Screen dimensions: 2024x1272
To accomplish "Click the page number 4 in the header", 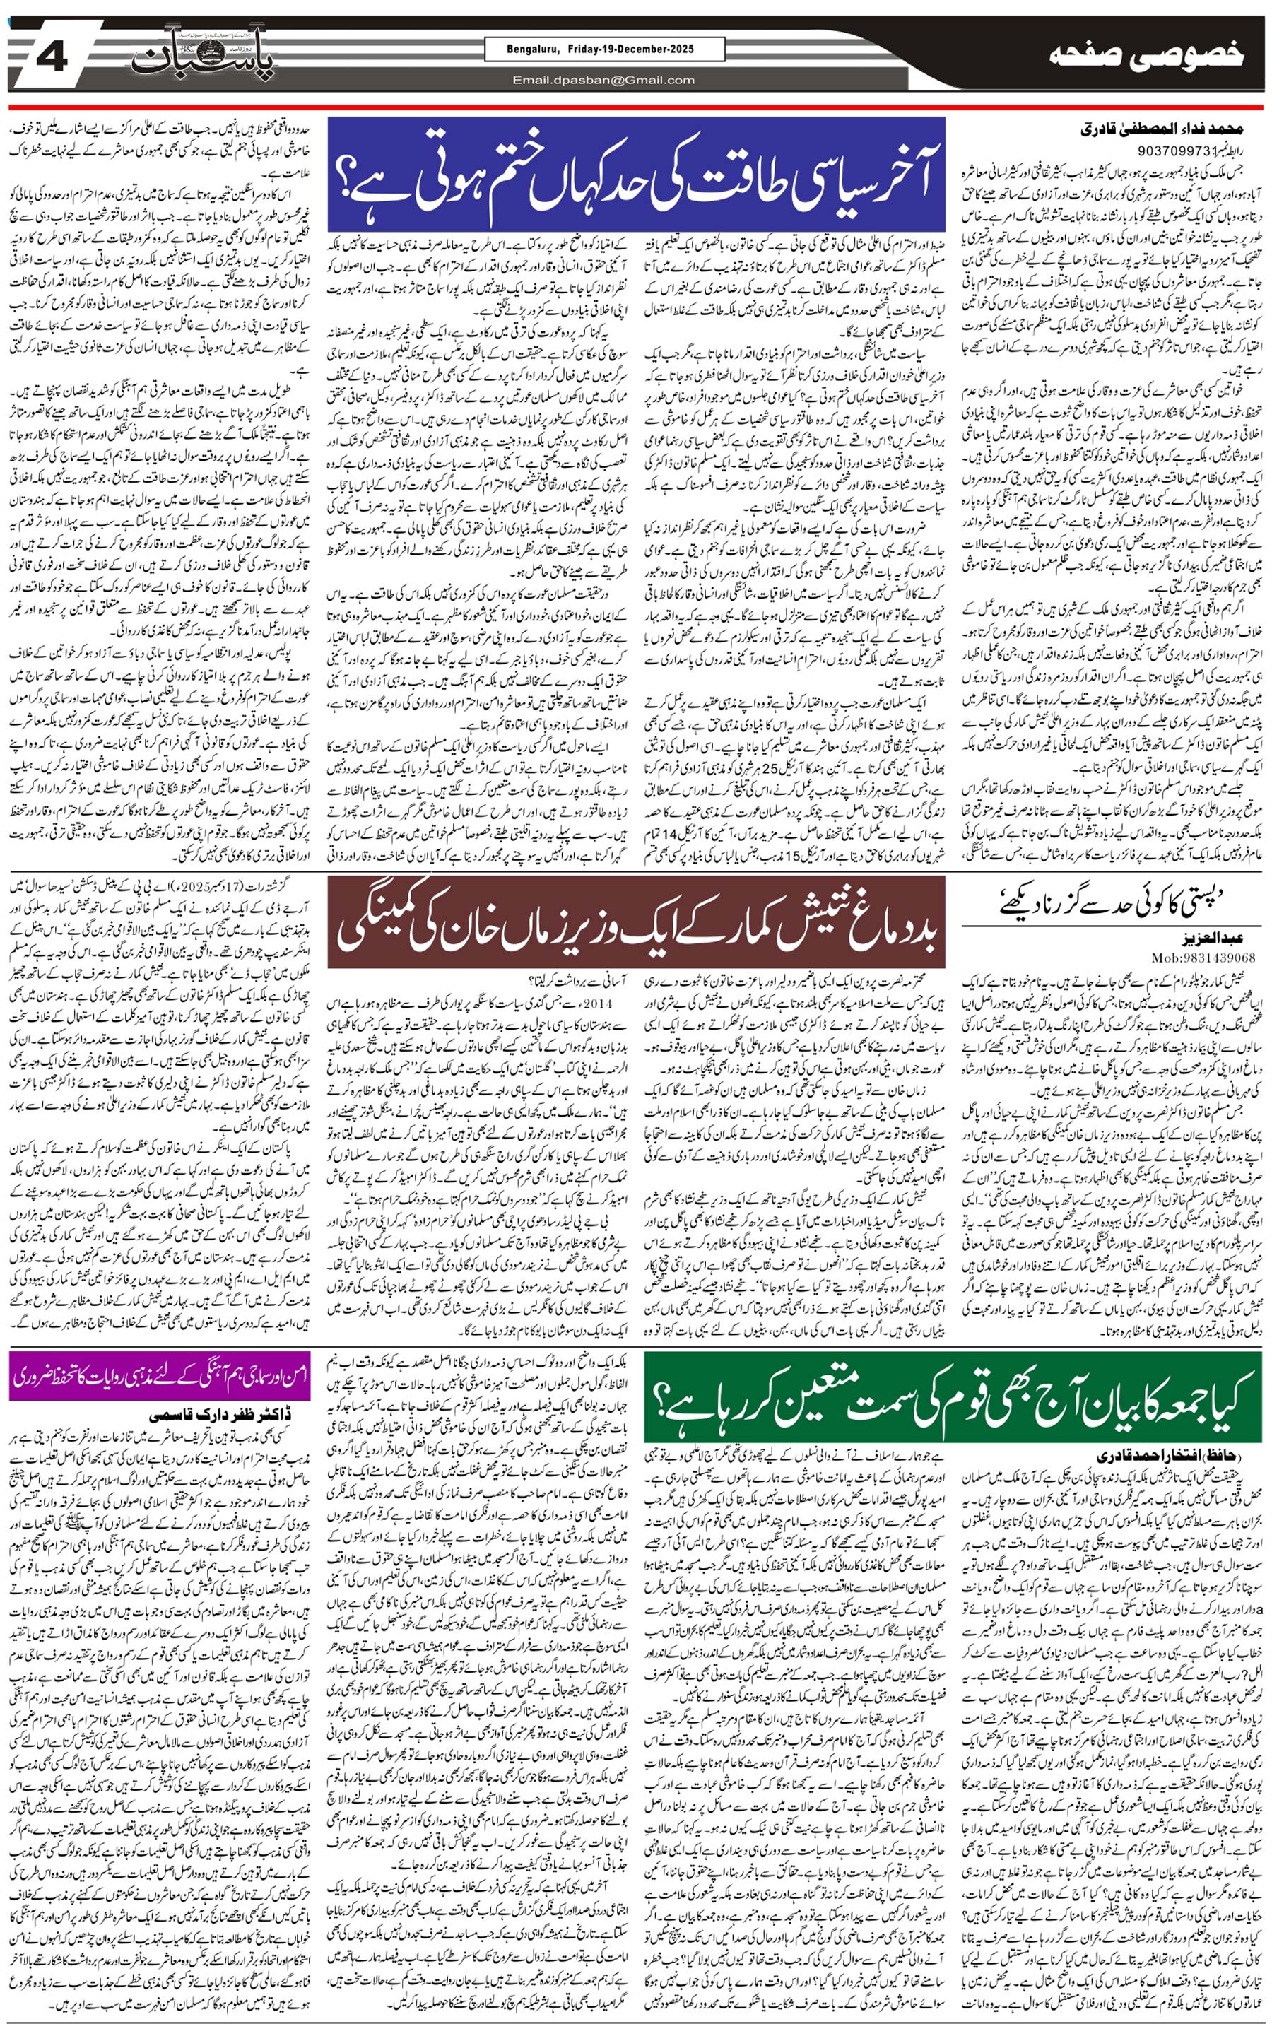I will [52, 59].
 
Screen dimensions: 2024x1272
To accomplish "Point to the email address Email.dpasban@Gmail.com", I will [603, 81].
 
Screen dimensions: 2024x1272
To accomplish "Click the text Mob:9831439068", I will [1204, 957].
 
